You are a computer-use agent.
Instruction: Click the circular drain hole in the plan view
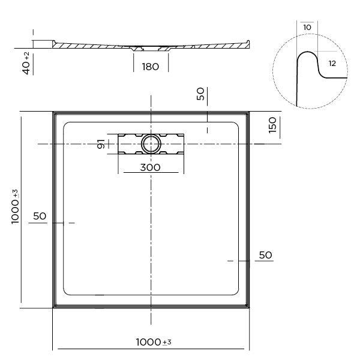coord(150,143)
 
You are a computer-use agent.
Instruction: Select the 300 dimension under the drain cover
coord(150,167)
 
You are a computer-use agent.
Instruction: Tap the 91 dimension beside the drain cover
coord(102,144)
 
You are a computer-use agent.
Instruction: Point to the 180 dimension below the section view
coord(151,67)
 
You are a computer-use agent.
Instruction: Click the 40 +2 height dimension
coord(26,63)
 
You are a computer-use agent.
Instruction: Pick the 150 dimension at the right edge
coord(272,125)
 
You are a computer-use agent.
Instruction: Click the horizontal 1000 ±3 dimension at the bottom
coord(153,342)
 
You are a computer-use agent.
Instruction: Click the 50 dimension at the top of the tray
coord(201,94)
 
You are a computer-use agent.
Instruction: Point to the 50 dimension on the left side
coord(40,216)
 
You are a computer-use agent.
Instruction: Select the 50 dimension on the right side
coord(265,255)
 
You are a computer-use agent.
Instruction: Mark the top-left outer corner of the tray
coord(53,111)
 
